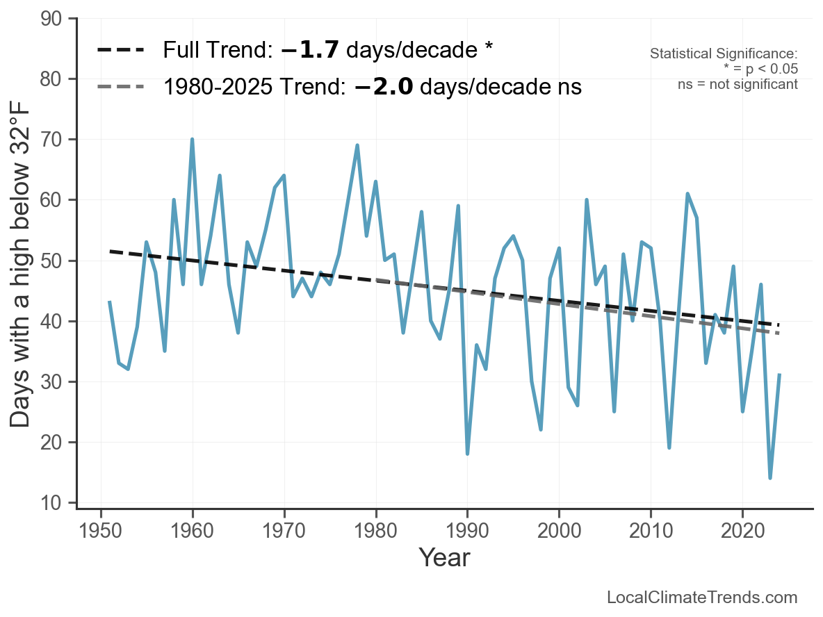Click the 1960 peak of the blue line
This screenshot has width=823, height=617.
pyautogui.click(x=192, y=140)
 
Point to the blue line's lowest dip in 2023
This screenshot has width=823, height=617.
pyautogui.click(x=770, y=478)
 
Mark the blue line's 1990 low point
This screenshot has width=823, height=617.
pyautogui.click(x=467, y=454)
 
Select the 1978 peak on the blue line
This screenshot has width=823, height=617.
pyautogui.click(x=357, y=145)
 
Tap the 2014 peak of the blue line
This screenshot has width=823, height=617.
pyautogui.click(x=687, y=194)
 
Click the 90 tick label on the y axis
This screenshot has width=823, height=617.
pyautogui.click(x=51, y=19)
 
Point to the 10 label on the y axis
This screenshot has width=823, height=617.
pyautogui.click(x=51, y=503)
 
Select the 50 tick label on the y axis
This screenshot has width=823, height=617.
pyautogui.click(x=51, y=261)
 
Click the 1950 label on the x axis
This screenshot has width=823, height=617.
pyautogui.click(x=100, y=530)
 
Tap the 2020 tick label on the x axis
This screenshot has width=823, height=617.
pyautogui.click(x=742, y=530)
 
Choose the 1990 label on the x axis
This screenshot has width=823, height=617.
pyautogui.click(x=467, y=530)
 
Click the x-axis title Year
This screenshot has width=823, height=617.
pyautogui.click(x=444, y=557)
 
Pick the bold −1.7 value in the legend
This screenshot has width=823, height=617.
pyautogui.click(x=310, y=50)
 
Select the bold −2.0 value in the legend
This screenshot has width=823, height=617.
pyautogui.click(x=384, y=87)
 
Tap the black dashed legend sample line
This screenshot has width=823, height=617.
pyautogui.click(x=121, y=50)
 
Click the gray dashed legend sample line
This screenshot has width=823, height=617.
pyautogui.click(x=121, y=87)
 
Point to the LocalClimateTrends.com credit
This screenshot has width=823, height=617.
pyautogui.click(x=702, y=597)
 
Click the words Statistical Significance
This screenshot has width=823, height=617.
pyautogui.click(x=724, y=54)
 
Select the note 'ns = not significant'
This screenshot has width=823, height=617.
pyautogui.click(x=738, y=85)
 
